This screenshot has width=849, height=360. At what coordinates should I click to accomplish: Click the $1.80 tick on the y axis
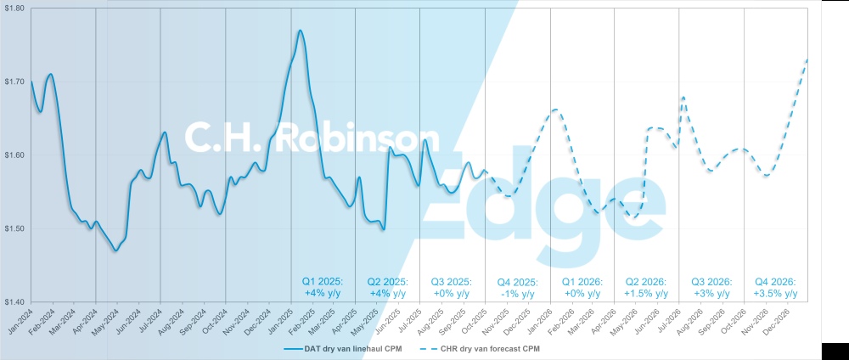tap(14, 8)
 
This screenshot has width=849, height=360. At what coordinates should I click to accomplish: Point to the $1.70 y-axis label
tap(14, 82)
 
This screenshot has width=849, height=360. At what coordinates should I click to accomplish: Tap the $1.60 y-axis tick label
tap(14, 155)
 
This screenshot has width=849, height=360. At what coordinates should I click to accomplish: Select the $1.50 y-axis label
tap(14, 228)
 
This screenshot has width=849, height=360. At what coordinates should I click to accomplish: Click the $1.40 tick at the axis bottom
tap(14, 301)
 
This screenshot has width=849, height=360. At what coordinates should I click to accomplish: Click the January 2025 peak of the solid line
tap(301, 31)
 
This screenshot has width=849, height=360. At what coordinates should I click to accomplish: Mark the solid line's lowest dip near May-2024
tap(116, 250)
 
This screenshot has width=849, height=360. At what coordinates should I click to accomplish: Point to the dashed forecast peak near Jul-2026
tap(683, 98)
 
